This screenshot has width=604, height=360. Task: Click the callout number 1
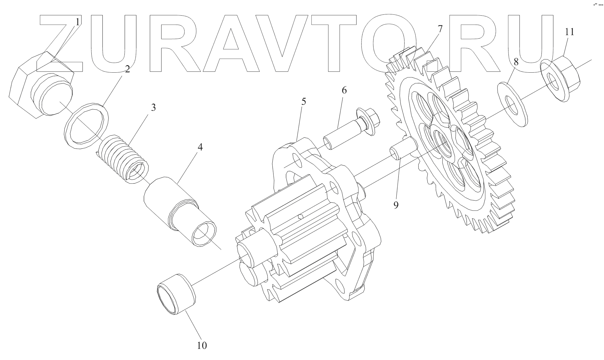(78, 22)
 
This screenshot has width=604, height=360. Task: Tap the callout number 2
(127, 69)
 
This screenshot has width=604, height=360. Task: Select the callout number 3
(153, 107)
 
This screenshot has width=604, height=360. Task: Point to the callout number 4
(200, 147)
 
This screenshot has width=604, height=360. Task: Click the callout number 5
(304, 101)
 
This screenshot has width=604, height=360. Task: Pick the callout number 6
(344, 90)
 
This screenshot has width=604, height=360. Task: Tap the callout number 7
(440, 29)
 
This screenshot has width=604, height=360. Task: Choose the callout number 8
(516, 62)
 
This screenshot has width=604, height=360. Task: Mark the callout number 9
(396, 205)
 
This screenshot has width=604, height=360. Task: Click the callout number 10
(202, 346)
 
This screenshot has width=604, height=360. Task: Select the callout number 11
(569, 32)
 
